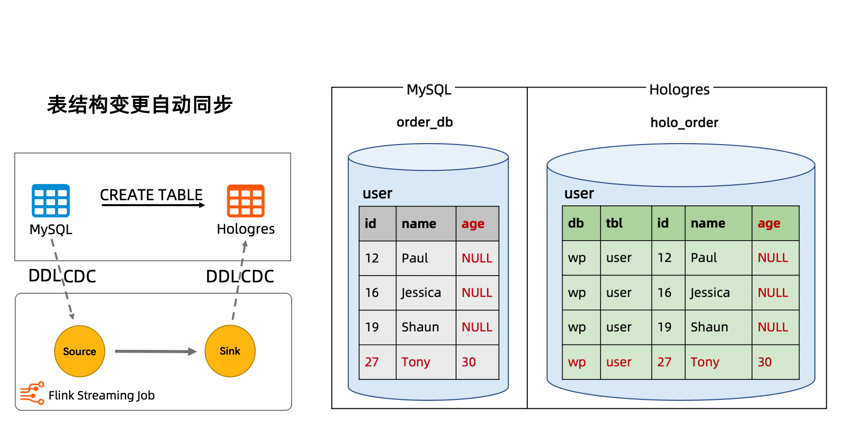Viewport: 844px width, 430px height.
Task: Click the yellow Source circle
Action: point(80,351)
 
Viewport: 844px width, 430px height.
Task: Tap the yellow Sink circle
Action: point(230,351)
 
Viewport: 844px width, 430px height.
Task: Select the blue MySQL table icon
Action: point(51,201)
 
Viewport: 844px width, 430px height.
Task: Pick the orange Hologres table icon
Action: point(245,201)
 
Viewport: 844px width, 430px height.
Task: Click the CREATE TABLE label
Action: point(151,195)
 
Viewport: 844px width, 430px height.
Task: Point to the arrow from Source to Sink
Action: point(155,351)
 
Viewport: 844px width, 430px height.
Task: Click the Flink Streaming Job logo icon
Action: point(32,394)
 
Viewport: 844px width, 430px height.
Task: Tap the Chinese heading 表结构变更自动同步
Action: point(140,105)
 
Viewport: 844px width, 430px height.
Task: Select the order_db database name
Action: point(424,122)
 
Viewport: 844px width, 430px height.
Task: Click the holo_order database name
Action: point(684,123)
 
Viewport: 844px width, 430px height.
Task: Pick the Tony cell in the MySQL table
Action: point(416,362)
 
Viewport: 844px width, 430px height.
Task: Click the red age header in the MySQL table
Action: point(473,224)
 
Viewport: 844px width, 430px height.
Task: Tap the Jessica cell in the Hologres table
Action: point(710,293)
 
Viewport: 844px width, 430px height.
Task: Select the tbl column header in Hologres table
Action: point(614,223)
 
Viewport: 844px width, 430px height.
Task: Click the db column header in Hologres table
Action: point(575,223)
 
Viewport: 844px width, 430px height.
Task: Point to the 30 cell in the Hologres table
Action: point(764,362)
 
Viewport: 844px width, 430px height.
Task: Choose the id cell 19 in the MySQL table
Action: point(372,327)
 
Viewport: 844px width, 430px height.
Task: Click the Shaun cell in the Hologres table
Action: point(709,327)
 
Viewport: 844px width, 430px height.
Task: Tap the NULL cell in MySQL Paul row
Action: point(477,258)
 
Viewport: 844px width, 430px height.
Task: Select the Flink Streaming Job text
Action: point(101,396)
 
